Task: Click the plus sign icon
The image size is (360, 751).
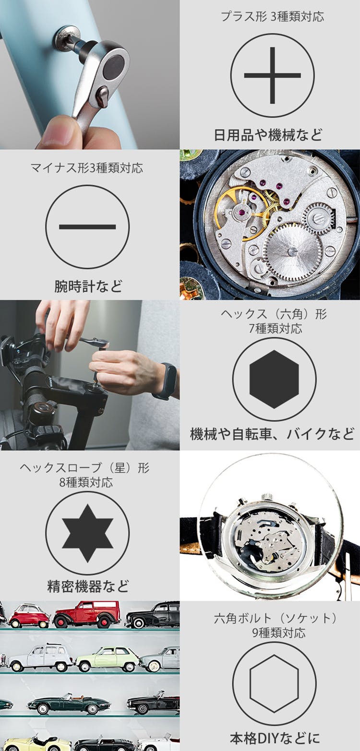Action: coord(273,75)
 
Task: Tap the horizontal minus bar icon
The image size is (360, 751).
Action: coord(87,227)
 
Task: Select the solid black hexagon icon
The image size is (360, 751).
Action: coord(274,379)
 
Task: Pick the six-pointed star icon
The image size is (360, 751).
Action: coord(87,533)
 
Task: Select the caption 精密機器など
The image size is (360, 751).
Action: coord(88,586)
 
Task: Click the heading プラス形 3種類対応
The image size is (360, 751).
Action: coord(273,16)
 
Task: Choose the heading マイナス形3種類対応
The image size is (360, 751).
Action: coord(87,167)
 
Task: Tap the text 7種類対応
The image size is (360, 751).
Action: coord(275,329)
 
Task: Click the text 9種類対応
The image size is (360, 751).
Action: coord(279,632)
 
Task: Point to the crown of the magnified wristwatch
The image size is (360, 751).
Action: coord(268,497)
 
